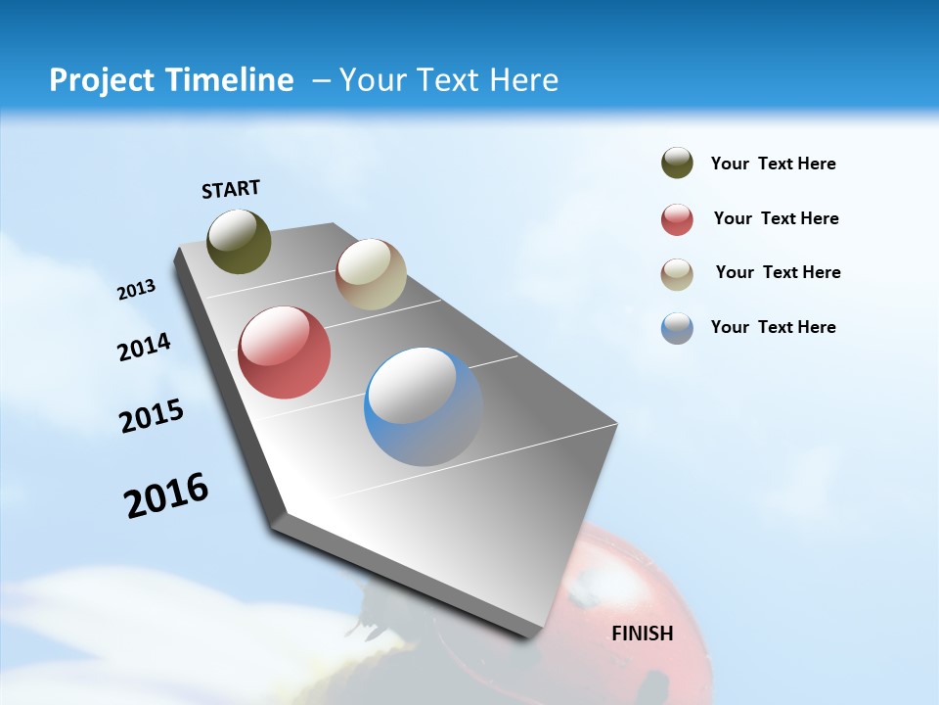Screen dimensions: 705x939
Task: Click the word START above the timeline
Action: click(x=231, y=189)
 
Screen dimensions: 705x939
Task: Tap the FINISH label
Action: click(x=643, y=634)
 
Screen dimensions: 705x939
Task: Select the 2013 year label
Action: click(x=137, y=289)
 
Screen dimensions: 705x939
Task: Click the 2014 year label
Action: click(x=145, y=347)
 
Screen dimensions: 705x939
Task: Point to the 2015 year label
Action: click(x=152, y=416)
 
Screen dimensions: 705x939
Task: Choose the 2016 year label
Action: click(x=166, y=495)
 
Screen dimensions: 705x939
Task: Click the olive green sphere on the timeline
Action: click(x=239, y=241)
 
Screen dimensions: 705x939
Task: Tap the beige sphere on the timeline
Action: click(x=371, y=274)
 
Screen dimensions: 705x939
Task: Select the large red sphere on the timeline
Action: click(x=284, y=352)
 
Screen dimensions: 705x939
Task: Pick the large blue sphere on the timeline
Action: click(x=423, y=406)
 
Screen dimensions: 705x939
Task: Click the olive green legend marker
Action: click(x=677, y=163)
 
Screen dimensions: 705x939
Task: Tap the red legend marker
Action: click(x=677, y=219)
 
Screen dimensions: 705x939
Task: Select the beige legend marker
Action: click(x=677, y=274)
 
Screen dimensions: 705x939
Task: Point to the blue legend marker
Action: click(x=677, y=328)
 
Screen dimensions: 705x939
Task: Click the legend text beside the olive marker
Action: click(x=773, y=164)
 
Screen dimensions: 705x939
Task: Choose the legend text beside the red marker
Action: click(x=776, y=218)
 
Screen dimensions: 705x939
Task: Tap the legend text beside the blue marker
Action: click(x=773, y=327)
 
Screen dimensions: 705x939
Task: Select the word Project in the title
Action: click(x=101, y=80)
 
